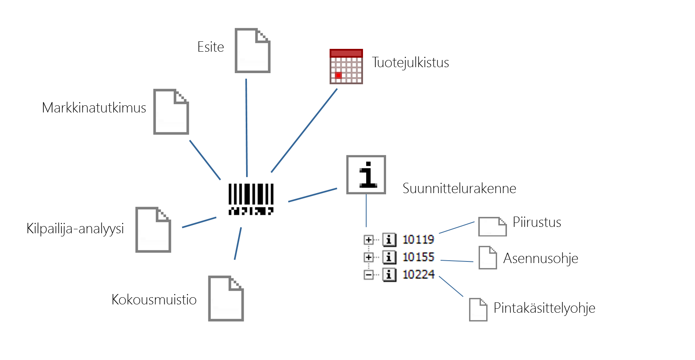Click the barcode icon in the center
click(251, 199)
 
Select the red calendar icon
click(346, 66)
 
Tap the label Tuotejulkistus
click(410, 62)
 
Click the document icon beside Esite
click(252, 50)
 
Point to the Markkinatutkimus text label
click(94, 108)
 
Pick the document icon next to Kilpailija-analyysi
click(153, 230)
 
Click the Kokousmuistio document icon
click(226, 298)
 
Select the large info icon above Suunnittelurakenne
click(366, 174)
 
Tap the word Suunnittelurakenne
click(459, 188)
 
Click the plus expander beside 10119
click(369, 240)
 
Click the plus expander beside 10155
click(369, 257)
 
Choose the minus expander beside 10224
click(369, 275)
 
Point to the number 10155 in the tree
click(418, 257)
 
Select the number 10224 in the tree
click(418, 275)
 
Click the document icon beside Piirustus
click(492, 226)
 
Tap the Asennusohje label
click(540, 258)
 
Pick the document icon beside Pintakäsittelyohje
click(478, 310)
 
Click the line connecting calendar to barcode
click(304, 130)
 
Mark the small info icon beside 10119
click(389, 240)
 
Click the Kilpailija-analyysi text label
click(75, 228)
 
